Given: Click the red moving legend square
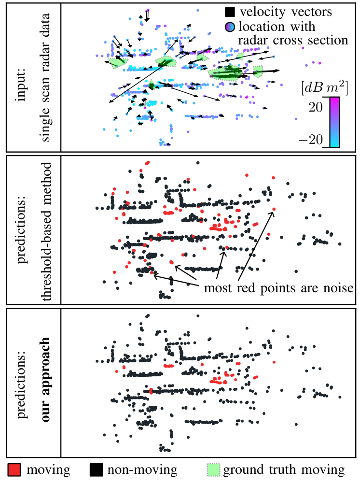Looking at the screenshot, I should (14, 470).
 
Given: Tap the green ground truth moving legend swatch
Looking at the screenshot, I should (213, 470).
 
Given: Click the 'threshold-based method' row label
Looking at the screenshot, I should (46, 231).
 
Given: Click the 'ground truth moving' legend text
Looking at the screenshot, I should (284, 470).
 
